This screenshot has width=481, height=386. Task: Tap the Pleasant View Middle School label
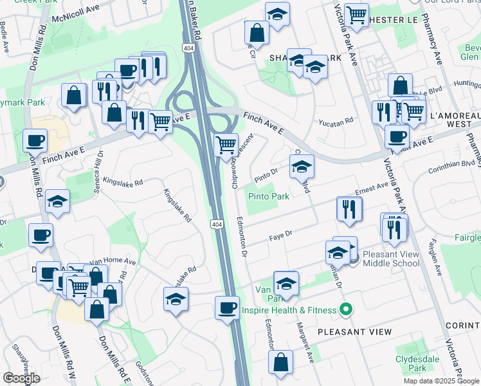point(391,259)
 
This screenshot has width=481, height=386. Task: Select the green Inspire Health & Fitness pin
point(346,310)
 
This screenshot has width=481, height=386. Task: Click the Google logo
point(21,378)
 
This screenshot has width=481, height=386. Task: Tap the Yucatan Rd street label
point(336,121)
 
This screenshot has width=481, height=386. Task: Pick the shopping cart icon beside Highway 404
point(226,145)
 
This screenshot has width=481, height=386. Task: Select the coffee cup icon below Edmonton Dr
point(226,308)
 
